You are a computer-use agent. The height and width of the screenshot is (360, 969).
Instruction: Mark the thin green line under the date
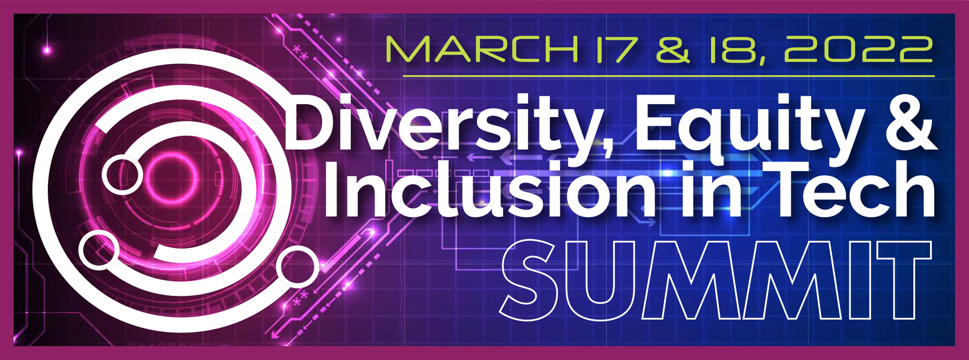coord(669,75)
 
